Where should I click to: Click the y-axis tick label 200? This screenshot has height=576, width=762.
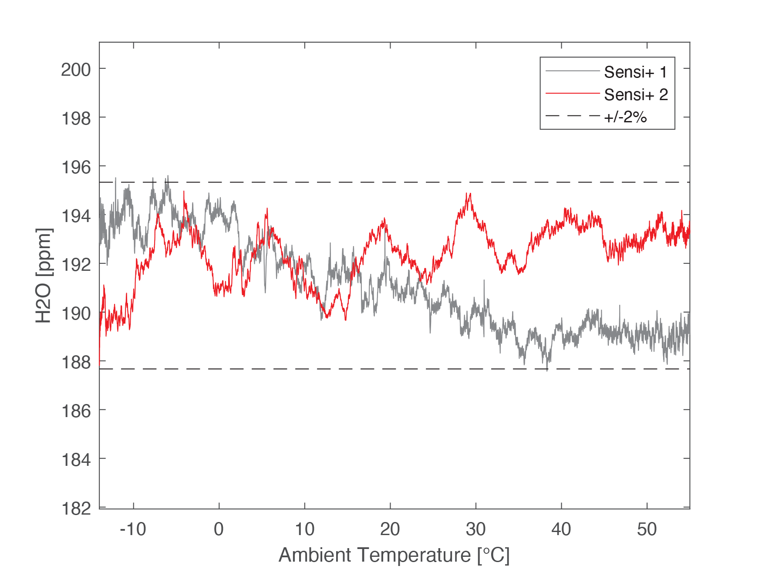[x=76, y=70]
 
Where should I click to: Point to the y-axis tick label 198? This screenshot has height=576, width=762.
[x=76, y=118]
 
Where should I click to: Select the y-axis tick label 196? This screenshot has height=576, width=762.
[x=76, y=167]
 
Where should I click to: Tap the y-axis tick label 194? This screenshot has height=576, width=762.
[x=76, y=216]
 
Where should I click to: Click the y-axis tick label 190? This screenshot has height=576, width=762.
[x=76, y=313]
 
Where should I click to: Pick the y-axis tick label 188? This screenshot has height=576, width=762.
[x=76, y=362]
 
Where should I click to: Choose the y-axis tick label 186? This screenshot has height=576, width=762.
[x=76, y=411]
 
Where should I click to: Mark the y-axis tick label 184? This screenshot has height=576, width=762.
[x=76, y=460]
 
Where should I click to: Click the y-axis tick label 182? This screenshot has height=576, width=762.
[x=76, y=509]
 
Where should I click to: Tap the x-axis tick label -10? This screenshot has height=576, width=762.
[x=133, y=529]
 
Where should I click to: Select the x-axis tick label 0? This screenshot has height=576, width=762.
[x=219, y=529]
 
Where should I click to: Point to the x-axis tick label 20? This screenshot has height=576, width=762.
[x=390, y=529]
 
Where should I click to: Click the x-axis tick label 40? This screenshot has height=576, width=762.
[x=561, y=529]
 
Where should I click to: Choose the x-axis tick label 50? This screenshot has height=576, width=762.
[x=647, y=529]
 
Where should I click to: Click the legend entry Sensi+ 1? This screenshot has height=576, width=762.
[x=635, y=72]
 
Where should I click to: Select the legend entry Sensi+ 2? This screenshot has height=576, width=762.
[x=636, y=94]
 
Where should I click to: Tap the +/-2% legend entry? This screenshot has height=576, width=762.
[x=625, y=117]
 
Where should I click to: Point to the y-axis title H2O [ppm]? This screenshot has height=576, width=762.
[x=44, y=275]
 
